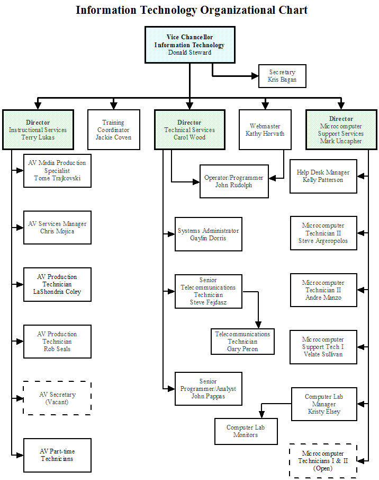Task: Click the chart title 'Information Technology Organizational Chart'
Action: (192, 11)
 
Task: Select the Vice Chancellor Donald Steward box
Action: (190, 45)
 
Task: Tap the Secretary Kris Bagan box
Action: (282, 76)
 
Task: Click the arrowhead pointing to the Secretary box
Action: (255, 76)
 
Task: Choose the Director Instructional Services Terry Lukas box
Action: (38, 130)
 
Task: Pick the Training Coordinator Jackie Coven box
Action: (114, 130)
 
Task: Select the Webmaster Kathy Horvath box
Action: (265, 130)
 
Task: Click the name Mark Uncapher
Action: (341, 141)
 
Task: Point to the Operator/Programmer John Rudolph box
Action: (234, 181)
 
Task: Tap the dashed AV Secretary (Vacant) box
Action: (57, 398)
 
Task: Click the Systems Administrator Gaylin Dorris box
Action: (208, 234)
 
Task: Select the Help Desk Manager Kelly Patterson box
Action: (323, 176)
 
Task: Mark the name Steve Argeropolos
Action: (323, 241)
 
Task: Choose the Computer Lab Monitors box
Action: (246, 431)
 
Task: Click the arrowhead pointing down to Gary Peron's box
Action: (258, 325)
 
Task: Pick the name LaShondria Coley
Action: (57, 292)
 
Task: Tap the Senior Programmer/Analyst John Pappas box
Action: (208, 389)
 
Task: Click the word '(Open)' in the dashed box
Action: (323, 468)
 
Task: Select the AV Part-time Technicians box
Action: (57, 455)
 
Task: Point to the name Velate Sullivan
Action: (323, 354)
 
